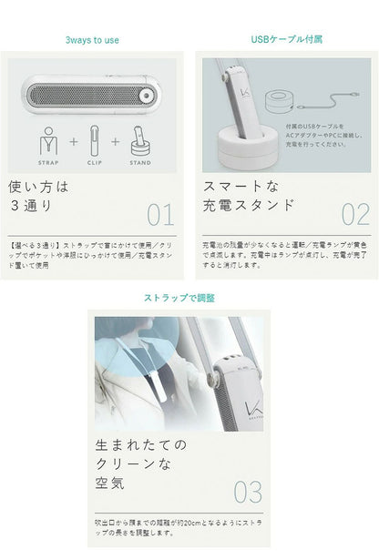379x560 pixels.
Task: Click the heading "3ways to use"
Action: [92, 40]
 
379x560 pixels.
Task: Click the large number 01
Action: [159, 215]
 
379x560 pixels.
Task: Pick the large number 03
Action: [248, 493]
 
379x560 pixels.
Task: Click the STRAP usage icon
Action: [49, 143]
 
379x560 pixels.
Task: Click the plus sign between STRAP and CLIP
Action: [72, 143]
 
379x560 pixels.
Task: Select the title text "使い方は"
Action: [39, 187]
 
